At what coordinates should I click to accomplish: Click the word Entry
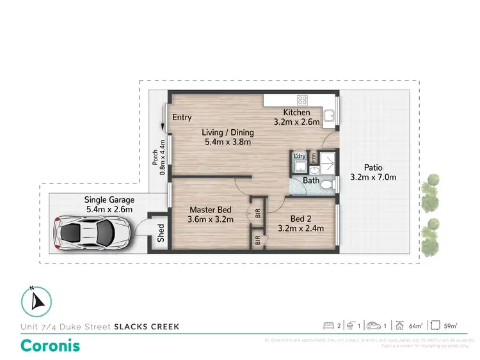(182, 117)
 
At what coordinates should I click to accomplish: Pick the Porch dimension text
(158, 157)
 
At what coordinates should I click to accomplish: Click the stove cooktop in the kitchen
(301, 100)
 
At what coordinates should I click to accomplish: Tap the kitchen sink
(330, 116)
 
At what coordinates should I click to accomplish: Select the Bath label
(311, 181)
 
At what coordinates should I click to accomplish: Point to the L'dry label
(300, 156)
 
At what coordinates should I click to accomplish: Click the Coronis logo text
(51, 345)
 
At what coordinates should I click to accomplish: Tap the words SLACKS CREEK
(147, 327)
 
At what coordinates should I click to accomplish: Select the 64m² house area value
(416, 326)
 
